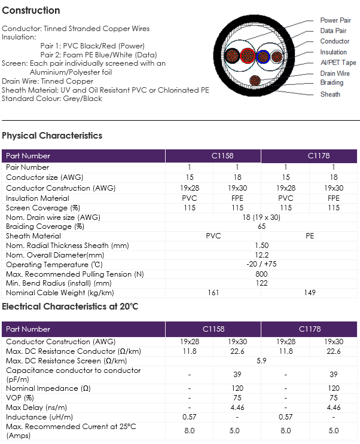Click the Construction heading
(x=31, y=11)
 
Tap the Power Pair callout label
(x=335, y=20)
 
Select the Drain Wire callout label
(x=335, y=74)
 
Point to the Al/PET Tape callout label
(x=338, y=63)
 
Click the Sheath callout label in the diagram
(x=330, y=94)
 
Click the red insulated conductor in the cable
(x=248, y=56)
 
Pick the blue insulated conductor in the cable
(x=263, y=56)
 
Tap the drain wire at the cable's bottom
(x=255, y=81)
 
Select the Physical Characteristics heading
(x=52, y=136)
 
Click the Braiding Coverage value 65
(x=261, y=226)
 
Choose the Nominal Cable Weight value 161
(x=213, y=292)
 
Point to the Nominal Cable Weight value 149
(x=310, y=292)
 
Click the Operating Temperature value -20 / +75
(x=261, y=264)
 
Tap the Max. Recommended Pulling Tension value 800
(x=261, y=274)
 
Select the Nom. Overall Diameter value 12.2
(x=261, y=255)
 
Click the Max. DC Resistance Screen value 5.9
(x=261, y=361)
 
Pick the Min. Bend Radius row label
(x=59, y=283)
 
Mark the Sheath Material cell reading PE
(x=310, y=236)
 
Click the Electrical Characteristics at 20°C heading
(x=70, y=307)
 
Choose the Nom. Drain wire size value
(x=261, y=217)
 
